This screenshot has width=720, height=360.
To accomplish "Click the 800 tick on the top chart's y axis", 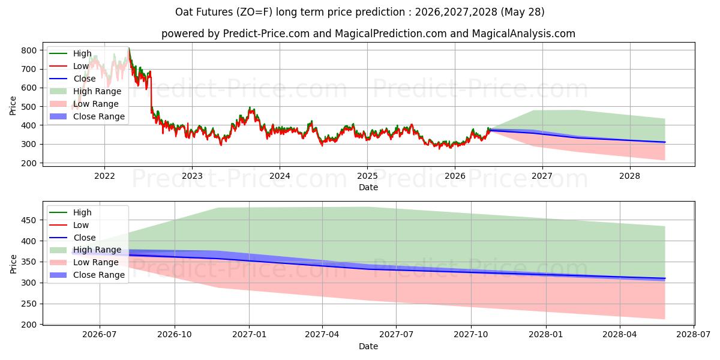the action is click(x=29, y=50).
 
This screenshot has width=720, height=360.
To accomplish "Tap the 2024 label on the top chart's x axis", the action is click(x=280, y=176).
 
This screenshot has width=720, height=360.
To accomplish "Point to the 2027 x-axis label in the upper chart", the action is click(x=542, y=176).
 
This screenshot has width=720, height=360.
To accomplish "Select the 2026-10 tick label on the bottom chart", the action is click(x=175, y=335).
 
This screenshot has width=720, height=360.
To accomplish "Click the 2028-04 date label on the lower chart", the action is click(x=620, y=335).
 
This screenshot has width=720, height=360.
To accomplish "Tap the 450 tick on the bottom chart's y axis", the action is click(x=29, y=221).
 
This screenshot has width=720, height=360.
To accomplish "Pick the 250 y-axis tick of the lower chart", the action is click(x=29, y=304).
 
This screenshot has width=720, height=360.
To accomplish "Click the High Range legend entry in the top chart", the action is click(x=85, y=91).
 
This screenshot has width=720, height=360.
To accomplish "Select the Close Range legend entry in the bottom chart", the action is click(x=87, y=275).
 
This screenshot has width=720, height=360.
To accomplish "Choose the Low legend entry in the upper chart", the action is click(x=69, y=66).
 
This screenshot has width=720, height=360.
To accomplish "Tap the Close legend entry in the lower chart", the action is click(x=73, y=238).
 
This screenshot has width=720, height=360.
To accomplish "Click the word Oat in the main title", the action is click(x=182, y=12).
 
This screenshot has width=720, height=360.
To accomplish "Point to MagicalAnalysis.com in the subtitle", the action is click(x=523, y=34).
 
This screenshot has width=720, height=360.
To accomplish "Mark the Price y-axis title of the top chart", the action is click(x=13, y=106).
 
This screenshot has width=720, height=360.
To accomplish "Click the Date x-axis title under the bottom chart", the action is click(x=368, y=346).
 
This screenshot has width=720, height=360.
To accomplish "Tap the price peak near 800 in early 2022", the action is click(x=129, y=48).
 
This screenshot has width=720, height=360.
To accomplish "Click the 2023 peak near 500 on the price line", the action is click(x=250, y=107).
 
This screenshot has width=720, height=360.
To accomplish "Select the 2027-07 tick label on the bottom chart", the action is click(x=397, y=335).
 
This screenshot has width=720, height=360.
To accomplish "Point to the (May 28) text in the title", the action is click(x=523, y=12).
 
